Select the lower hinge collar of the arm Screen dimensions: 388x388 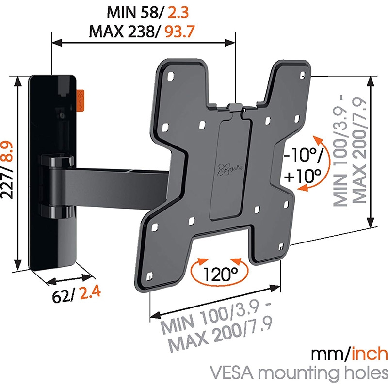[x=56, y=210]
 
